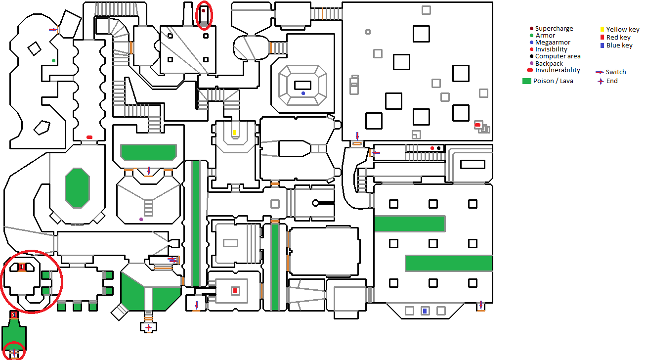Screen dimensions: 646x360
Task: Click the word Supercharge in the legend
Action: coord(554,29)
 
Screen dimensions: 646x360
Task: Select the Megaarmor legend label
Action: coord(553,43)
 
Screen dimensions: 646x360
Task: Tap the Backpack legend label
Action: coord(549,63)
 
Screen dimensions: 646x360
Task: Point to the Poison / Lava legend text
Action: coord(553,81)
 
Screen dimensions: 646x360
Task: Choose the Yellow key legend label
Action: coord(623,30)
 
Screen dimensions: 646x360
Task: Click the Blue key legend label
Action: coord(619,45)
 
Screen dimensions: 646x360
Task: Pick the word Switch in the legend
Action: coord(616,72)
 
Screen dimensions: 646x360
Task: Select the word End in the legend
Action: coord(612,81)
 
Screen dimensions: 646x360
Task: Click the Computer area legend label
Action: coord(558,56)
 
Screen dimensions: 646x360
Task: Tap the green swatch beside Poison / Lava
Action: coord(526,81)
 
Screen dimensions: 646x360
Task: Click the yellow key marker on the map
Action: coord(234,133)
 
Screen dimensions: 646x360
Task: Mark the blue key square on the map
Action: coord(425,311)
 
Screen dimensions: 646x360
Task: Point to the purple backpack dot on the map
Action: coord(141,219)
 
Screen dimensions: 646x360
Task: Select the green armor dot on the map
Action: coord(53,60)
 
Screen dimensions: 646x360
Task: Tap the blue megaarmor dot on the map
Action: coord(303,93)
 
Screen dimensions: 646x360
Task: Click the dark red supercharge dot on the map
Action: coord(203,11)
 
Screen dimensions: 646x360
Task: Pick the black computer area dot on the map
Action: coord(438,148)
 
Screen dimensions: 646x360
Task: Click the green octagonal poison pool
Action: coord(77,188)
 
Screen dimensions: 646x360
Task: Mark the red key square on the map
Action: coord(235,291)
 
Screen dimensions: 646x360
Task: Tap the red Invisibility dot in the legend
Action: coord(531,49)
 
